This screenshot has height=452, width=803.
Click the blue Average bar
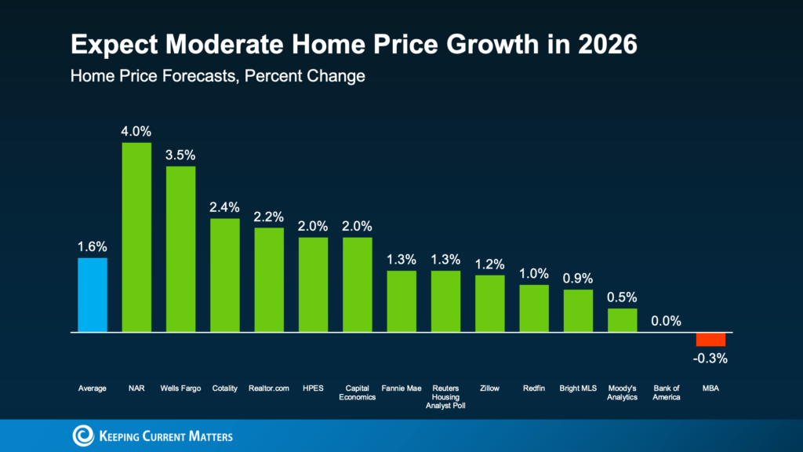click(x=92, y=295)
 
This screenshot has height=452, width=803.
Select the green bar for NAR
click(x=136, y=237)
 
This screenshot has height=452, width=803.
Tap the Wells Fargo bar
click(x=180, y=250)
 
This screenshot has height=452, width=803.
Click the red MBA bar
click(x=710, y=339)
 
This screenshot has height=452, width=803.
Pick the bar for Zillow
click(x=490, y=304)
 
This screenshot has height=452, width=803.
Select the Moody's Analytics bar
click(x=623, y=320)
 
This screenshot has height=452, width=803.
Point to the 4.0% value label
click(x=136, y=130)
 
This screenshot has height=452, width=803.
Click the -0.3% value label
click(x=711, y=359)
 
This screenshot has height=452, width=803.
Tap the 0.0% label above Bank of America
click(x=667, y=321)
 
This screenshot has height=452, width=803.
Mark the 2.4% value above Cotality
click(x=225, y=207)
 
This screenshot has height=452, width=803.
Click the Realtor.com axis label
click(x=269, y=388)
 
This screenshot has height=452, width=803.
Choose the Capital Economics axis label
click(x=358, y=392)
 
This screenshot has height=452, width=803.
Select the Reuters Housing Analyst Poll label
click(x=446, y=397)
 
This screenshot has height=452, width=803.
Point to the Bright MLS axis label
click(x=579, y=388)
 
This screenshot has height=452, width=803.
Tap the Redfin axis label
click(x=534, y=388)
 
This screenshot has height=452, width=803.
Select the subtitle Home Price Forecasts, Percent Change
click(x=217, y=77)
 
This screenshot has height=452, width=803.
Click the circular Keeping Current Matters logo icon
click(x=82, y=436)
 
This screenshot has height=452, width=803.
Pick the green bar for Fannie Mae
click(x=401, y=301)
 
